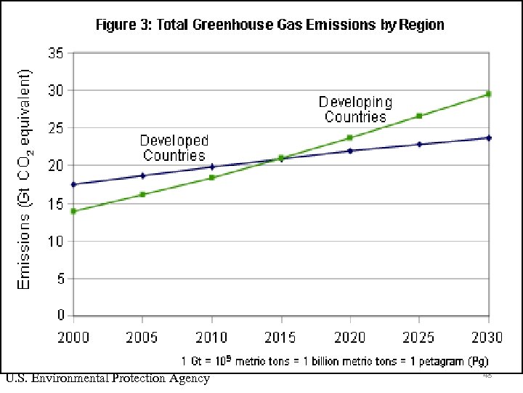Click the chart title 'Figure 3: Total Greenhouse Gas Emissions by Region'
(x=270, y=25)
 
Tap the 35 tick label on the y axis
(x=56, y=53)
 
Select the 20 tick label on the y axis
(x=56, y=166)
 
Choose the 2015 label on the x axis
(x=280, y=338)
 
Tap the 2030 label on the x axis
(x=488, y=338)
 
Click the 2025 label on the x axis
(x=419, y=338)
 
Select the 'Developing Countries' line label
(x=356, y=109)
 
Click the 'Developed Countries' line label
(x=174, y=148)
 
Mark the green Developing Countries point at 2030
(x=488, y=94)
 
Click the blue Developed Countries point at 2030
(x=488, y=138)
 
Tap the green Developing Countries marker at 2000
(x=73, y=211)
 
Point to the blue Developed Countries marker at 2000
(x=73, y=184)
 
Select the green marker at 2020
(x=350, y=138)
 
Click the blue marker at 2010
(x=211, y=167)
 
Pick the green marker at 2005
(x=142, y=194)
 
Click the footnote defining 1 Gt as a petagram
(x=334, y=361)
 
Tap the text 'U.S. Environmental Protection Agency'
(x=108, y=378)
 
